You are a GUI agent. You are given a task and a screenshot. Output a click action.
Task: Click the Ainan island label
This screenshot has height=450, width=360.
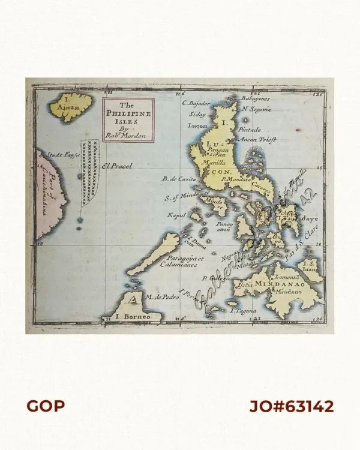click(72, 108)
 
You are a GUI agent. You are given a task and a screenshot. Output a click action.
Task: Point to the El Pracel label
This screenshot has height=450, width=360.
click(116, 166)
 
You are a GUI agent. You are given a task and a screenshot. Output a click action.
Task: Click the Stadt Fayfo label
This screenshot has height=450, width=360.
click(63, 155)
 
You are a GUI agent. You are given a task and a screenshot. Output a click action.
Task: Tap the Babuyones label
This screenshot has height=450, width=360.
click(256, 98)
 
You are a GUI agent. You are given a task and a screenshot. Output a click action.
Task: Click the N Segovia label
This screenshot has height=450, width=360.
click(256, 109)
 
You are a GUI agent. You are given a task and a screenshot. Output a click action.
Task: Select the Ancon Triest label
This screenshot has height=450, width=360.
click(258, 139)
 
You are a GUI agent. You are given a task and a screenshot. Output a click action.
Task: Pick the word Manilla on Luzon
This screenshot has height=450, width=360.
click(215, 162)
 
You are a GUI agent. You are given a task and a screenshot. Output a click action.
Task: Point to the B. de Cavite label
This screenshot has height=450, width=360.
click(179, 178)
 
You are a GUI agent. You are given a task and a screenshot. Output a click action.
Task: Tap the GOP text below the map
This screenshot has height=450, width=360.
click(45, 406)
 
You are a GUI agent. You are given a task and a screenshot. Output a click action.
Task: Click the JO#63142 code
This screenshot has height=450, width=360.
click(292, 406)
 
